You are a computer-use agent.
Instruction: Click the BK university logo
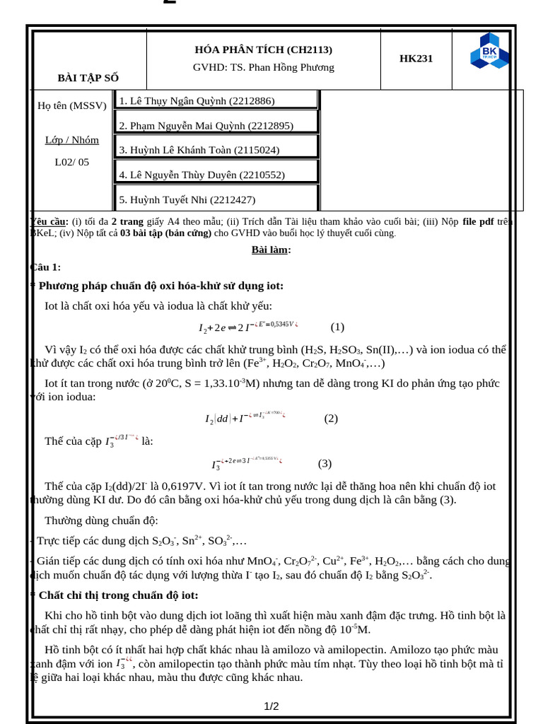489,51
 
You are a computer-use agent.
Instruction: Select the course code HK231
416,59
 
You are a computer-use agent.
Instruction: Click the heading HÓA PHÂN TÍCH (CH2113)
263,49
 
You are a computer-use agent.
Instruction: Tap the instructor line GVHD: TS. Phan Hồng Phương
263,67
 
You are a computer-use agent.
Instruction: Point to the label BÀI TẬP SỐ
88,78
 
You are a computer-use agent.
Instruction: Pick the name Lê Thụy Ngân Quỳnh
197,101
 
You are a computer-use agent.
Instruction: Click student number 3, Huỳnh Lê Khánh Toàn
199,150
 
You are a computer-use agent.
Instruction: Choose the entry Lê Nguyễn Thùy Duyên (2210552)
202,175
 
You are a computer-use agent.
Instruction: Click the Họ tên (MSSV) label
72,105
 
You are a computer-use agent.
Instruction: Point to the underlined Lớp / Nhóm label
72,140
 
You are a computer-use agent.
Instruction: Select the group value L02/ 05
72,162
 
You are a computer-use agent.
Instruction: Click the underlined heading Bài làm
271,250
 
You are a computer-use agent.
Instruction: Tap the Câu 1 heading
47,267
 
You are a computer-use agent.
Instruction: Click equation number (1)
337,327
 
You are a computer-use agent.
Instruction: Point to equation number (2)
331,418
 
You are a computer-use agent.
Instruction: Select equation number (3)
325,464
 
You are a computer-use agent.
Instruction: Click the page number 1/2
271,706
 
